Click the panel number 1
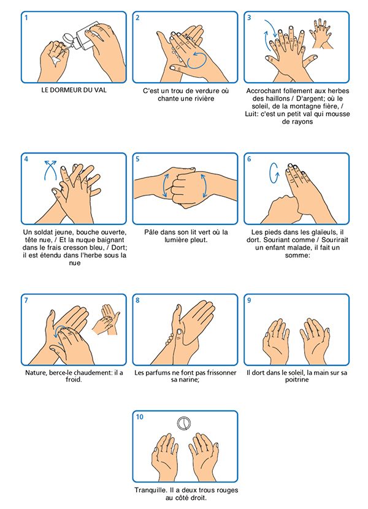(x=26, y=18)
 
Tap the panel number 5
(x=138, y=159)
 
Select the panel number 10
(x=140, y=417)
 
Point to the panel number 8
(x=138, y=300)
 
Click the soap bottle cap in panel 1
(x=68, y=38)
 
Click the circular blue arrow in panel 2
(x=197, y=61)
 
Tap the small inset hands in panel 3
(x=321, y=34)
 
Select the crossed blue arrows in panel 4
(x=50, y=170)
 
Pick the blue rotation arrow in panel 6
(x=274, y=173)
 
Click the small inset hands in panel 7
(x=106, y=319)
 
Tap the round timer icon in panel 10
(x=184, y=424)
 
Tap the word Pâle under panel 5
(x=151, y=232)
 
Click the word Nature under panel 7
(x=36, y=373)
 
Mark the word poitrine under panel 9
(x=297, y=380)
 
